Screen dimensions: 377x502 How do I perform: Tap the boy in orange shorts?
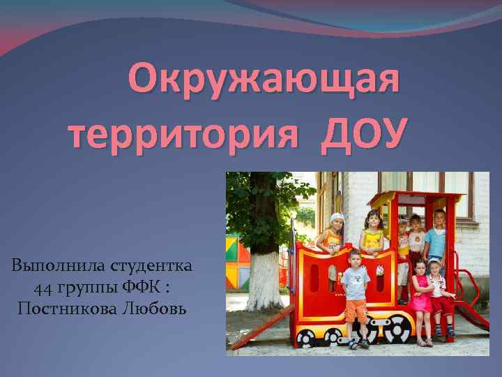point(355,293)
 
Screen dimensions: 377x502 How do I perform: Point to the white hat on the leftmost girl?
point(337,218)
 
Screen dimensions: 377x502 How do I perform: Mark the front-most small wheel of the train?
point(306,338)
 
